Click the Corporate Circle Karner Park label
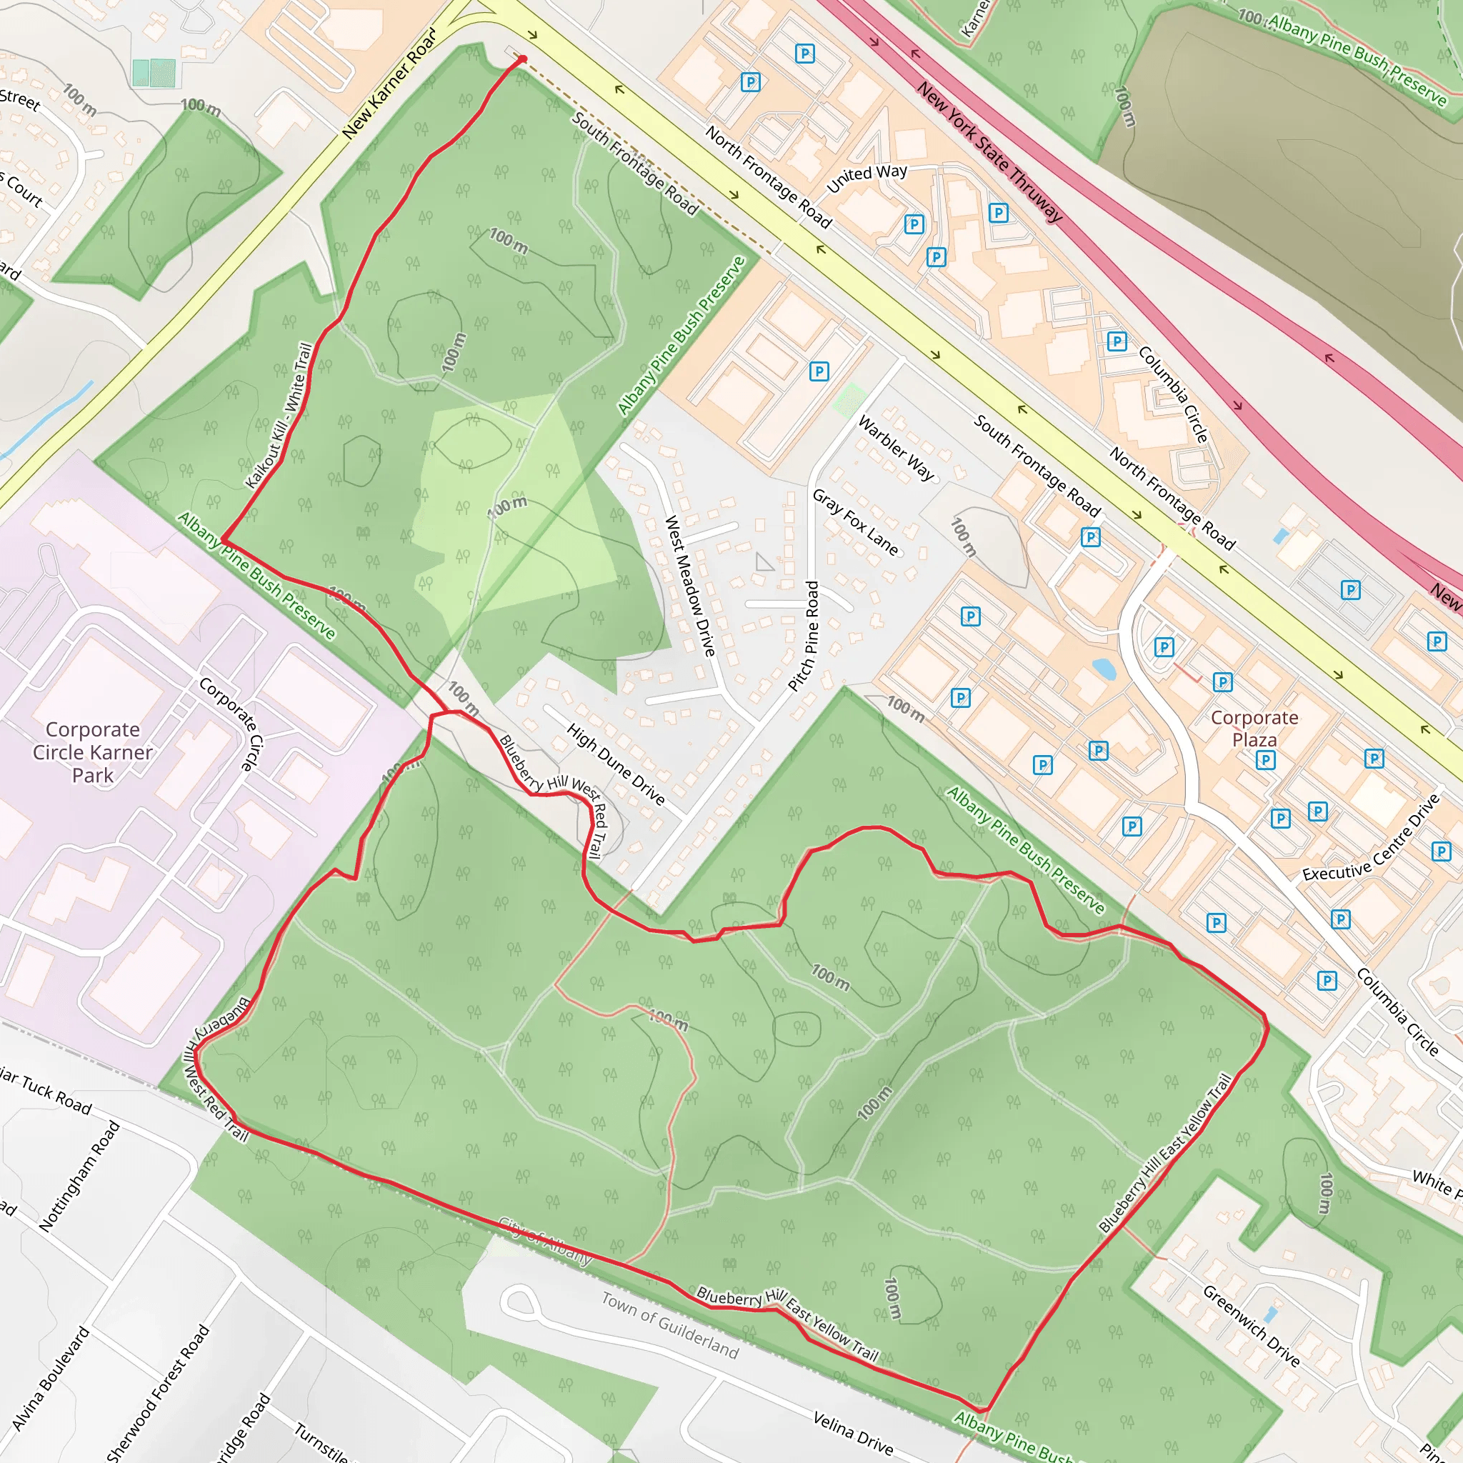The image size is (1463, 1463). (x=92, y=752)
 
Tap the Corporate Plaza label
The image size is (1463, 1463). (x=1254, y=728)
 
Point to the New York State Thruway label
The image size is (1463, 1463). (x=989, y=151)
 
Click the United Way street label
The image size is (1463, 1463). (x=867, y=177)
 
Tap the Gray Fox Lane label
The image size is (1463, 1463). (x=855, y=521)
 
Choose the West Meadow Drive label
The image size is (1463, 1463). (x=689, y=585)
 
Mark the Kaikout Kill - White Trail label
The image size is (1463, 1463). (x=279, y=416)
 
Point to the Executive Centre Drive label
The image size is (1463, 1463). (x=1371, y=838)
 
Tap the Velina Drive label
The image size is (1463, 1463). (x=853, y=1432)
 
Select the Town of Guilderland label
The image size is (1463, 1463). (x=670, y=1324)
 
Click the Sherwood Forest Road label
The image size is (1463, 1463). (x=159, y=1392)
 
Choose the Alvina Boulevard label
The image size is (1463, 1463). (x=51, y=1378)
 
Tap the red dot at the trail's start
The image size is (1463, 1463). (x=521, y=59)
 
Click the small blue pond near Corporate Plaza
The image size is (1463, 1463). (x=1104, y=668)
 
